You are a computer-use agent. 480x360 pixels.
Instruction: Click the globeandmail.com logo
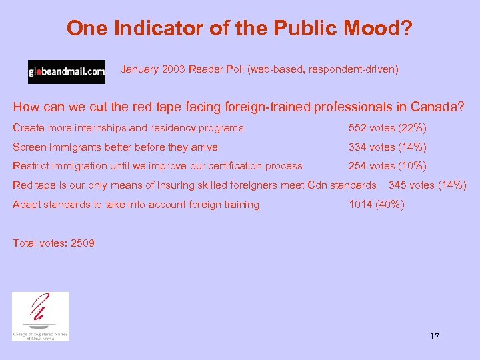[x=66, y=71]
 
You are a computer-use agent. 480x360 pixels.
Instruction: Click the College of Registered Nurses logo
[x=40, y=317]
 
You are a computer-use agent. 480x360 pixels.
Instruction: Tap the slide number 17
[x=434, y=336]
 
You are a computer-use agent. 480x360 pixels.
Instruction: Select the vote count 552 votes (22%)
[x=387, y=128]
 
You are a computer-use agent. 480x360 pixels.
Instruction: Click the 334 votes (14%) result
[x=387, y=147]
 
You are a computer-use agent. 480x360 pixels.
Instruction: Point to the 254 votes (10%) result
[x=387, y=166]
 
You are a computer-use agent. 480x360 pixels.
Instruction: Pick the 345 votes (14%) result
[x=427, y=185]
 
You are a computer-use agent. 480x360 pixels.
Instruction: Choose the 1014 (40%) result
[x=376, y=205]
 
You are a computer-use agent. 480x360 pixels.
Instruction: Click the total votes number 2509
[x=83, y=243]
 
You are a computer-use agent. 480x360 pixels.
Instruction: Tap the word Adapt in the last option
[x=27, y=205]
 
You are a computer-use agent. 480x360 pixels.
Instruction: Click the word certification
[x=239, y=166]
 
